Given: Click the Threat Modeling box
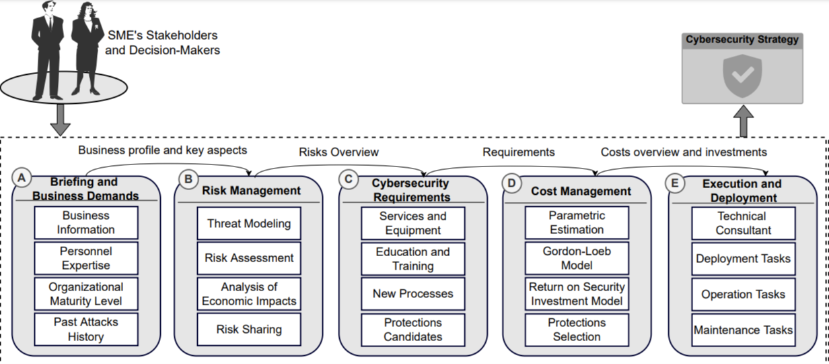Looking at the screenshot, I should pyautogui.click(x=249, y=223).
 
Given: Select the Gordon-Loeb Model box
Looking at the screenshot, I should pyautogui.click(x=577, y=258).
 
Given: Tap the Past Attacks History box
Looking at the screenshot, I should pyautogui.click(x=85, y=329).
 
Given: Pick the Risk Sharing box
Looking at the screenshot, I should pyautogui.click(x=249, y=329).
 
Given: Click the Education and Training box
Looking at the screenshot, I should pyautogui.click(x=412, y=259).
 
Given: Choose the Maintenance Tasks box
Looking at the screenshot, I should pyautogui.click(x=743, y=330).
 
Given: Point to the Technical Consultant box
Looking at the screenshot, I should pyautogui.click(x=743, y=223).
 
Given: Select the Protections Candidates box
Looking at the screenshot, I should pyautogui.click(x=412, y=330).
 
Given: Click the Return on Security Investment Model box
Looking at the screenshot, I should pyautogui.click(x=577, y=294).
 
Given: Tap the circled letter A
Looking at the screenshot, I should pyautogui.click(x=22, y=178).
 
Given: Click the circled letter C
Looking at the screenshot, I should pyautogui.click(x=348, y=179).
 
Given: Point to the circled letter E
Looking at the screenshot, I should pyautogui.click(x=674, y=182).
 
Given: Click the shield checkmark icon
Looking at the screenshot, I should pyautogui.click(x=742, y=76).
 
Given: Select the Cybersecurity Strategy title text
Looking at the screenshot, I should pyautogui.click(x=742, y=40).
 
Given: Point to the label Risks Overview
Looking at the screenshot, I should pyautogui.click(x=338, y=152).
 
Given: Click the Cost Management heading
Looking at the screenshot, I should pyautogui.click(x=581, y=191).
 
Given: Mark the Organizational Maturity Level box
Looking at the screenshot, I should pyautogui.click(x=85, y=294).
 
